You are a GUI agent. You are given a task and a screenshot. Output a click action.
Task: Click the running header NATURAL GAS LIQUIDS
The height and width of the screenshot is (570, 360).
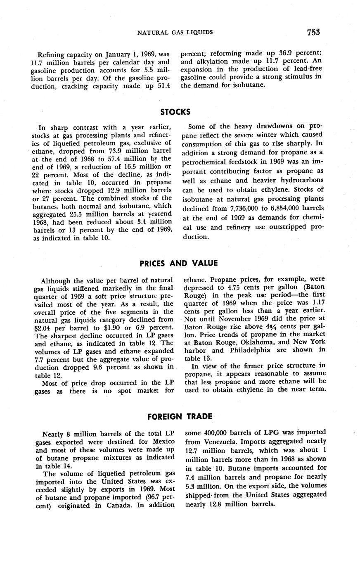pyautogui.click(x=175, y=32)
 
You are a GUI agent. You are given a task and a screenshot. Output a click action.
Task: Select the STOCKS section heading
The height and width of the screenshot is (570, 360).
pyautogui.click(x=175, y=112)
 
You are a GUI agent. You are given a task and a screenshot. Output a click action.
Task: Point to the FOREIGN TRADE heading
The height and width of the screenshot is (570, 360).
pyautogui.click(x=180, y=417)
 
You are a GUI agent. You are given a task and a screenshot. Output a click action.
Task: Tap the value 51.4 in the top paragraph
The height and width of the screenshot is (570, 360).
pyautogui.click(x=166, y=86)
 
